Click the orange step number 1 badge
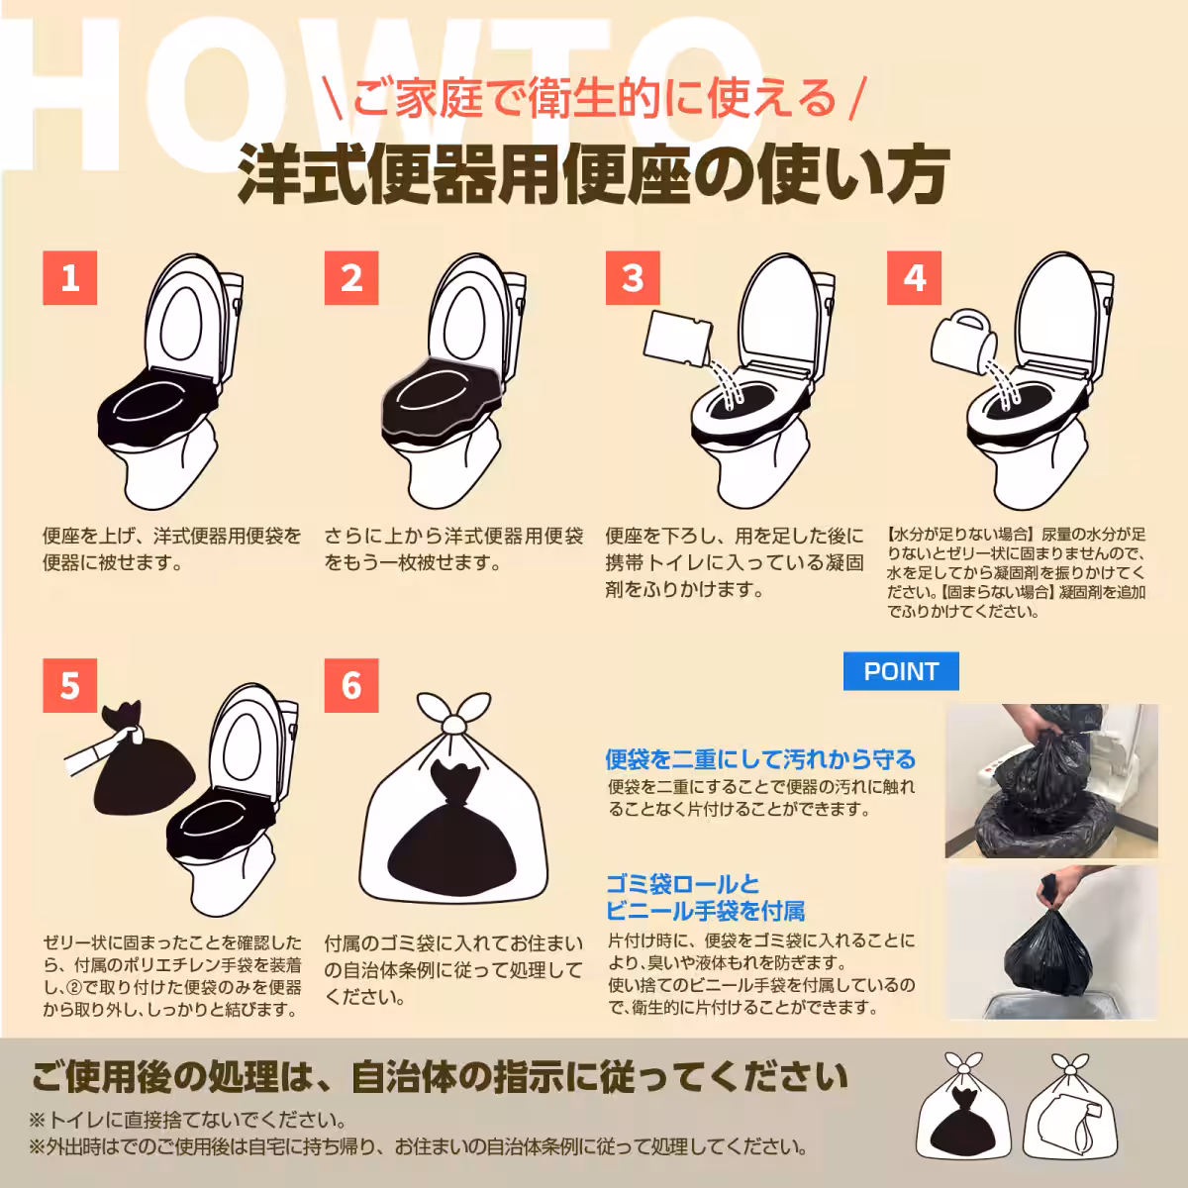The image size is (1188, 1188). coord(70,278)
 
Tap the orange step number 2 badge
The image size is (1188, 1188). coord(351,278)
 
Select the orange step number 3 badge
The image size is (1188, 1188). coord(633,278)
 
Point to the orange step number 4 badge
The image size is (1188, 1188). coord(914,278)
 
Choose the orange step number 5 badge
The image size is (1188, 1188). coord(70,686)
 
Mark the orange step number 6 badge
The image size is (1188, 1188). coord(351,686)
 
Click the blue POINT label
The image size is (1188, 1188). coord(901,671)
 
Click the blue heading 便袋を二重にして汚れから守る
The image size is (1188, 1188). coord(760,759)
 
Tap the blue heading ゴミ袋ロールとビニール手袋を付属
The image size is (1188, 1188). coord(705,897)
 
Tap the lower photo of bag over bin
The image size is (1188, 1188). coord(1052,942)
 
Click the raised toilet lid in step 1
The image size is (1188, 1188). coord(185,317)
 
